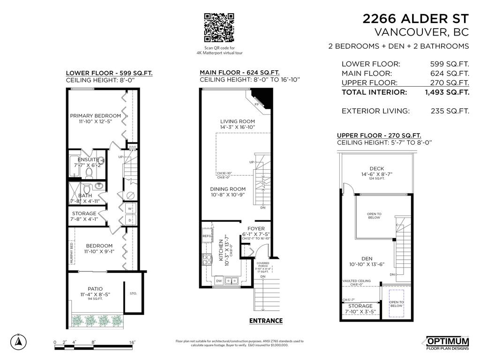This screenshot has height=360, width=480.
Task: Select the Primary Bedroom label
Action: click(x=96, y=116)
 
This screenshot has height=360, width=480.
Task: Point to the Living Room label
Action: click(x=237, y=121)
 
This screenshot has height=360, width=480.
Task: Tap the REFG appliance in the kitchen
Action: click(x=207, y=236)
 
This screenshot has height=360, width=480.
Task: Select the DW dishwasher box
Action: click(x=219, y=281)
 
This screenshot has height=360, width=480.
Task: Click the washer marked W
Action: click(x=130, y=208)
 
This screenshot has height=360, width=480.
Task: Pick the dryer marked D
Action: click(x=130, y=219)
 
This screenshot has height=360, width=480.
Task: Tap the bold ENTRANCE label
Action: click(x=266, y=321)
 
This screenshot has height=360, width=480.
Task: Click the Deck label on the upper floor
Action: click(x=377, y=169)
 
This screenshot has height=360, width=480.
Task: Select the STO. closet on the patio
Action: click(x=133, y=294)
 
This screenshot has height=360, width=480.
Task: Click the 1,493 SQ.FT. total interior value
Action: click(x=447, y=92)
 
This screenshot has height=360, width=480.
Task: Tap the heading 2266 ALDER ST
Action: click(x=415, y=19)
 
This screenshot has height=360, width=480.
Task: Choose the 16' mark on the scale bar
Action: click(x=132, y=343)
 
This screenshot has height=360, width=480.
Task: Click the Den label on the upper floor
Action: click(x=367, y=258)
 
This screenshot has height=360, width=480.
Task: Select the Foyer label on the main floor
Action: click(x=256, y=229)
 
